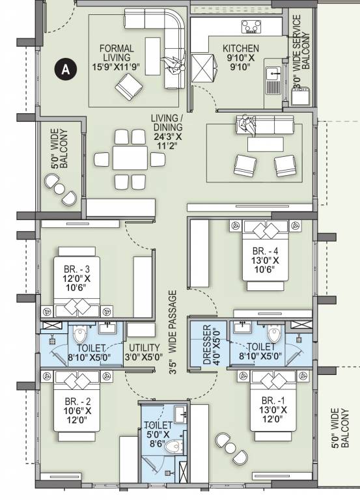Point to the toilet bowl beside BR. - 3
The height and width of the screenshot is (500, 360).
point(80,336)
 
